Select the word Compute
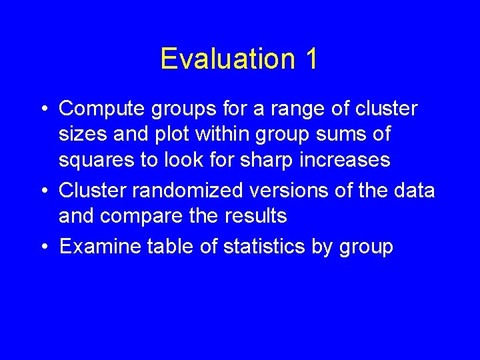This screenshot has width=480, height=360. pyautogui.click(x=99, y=108)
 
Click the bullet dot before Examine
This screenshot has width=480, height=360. pyautogui.click(x=43, y=247)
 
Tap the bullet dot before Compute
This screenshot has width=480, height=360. pyautogui.click(x=43, y=108)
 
